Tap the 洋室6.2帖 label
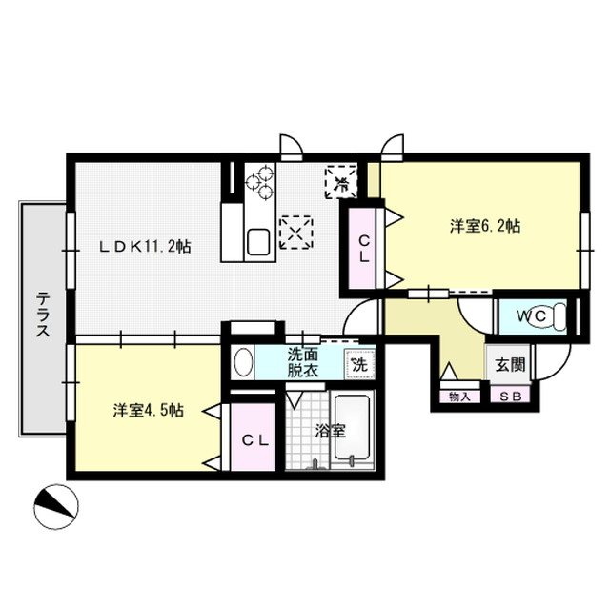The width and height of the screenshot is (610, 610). [x=485, y=226]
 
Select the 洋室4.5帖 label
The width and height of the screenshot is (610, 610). [x=148, y=410]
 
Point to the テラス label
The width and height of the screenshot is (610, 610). [x=44, y=315]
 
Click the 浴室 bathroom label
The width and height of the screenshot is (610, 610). [x=330, y=430]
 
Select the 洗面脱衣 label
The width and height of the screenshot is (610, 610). [x=305, y=362]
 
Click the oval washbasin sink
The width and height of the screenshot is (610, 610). [x=244, y=363]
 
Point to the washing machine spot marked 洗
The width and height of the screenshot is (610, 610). [x=359, y=362]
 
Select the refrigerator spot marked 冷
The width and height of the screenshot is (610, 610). [x=341, y=181]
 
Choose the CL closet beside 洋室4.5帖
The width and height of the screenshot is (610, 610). [x=253, y=439]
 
